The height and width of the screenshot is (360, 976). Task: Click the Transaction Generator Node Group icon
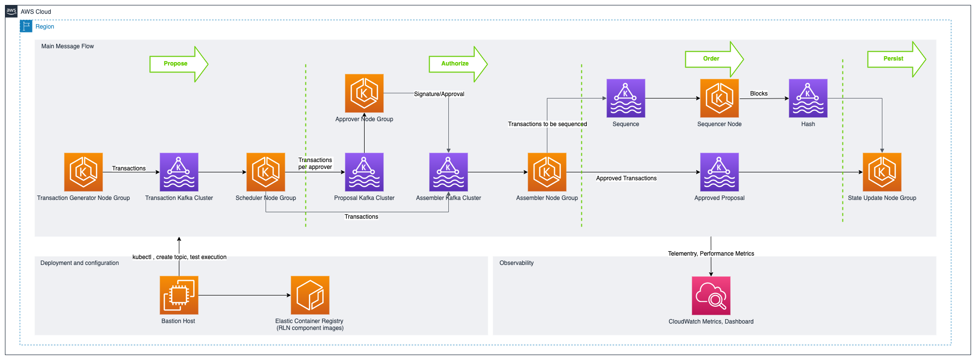[83, 172]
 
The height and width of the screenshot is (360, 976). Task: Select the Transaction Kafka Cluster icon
[179, 172]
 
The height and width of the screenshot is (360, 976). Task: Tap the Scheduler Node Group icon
[266, 172]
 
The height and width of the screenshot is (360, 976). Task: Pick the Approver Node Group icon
[364, 93]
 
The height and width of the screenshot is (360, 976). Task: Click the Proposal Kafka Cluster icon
[364, 172]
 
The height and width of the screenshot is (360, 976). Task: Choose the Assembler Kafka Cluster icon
[448, 172]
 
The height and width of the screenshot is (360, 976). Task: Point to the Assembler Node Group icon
[547, 172]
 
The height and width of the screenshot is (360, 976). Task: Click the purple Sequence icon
[626, 98]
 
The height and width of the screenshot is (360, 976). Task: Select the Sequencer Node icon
[719, 98]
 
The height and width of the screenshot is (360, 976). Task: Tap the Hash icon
[808, 98]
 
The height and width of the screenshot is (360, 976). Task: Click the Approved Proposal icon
[719, 172]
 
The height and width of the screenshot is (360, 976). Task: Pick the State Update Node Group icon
[882, 172]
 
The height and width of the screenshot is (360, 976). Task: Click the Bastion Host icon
[179, 295]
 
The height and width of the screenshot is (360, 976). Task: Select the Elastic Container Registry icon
[310, 295]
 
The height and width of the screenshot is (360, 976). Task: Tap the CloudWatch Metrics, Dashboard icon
[711, 295]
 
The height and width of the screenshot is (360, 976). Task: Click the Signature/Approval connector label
[439, 94]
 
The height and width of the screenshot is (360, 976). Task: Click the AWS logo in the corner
[11, 11]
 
